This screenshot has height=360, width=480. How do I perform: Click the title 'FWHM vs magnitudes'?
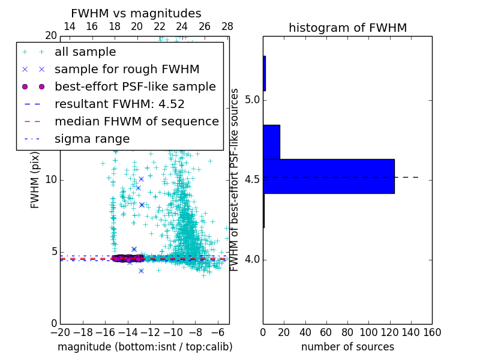pos(136,13)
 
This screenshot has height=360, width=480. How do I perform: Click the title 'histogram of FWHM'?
pos(347,28)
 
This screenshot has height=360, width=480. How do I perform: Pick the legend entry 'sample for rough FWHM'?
pos(127,70)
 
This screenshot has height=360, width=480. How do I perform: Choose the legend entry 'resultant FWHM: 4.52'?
pos(119,104)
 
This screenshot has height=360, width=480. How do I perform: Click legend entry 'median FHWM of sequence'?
pos(136,122)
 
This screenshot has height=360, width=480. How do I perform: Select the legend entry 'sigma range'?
pos(92,139)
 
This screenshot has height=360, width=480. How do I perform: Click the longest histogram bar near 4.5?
pos(328,176)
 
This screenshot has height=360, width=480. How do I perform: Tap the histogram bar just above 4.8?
pos(271,142)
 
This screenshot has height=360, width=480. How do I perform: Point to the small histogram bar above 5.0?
pos(264,73)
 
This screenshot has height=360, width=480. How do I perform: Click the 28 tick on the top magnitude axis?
pos(227,26)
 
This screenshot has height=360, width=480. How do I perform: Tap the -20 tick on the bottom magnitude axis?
pos(60,331)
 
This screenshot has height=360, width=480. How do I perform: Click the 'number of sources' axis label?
pos(347,347)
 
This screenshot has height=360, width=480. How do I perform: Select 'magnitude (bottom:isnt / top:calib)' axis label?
pos(145,347)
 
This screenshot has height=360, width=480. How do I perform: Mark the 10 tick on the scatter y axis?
pos(51,180)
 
